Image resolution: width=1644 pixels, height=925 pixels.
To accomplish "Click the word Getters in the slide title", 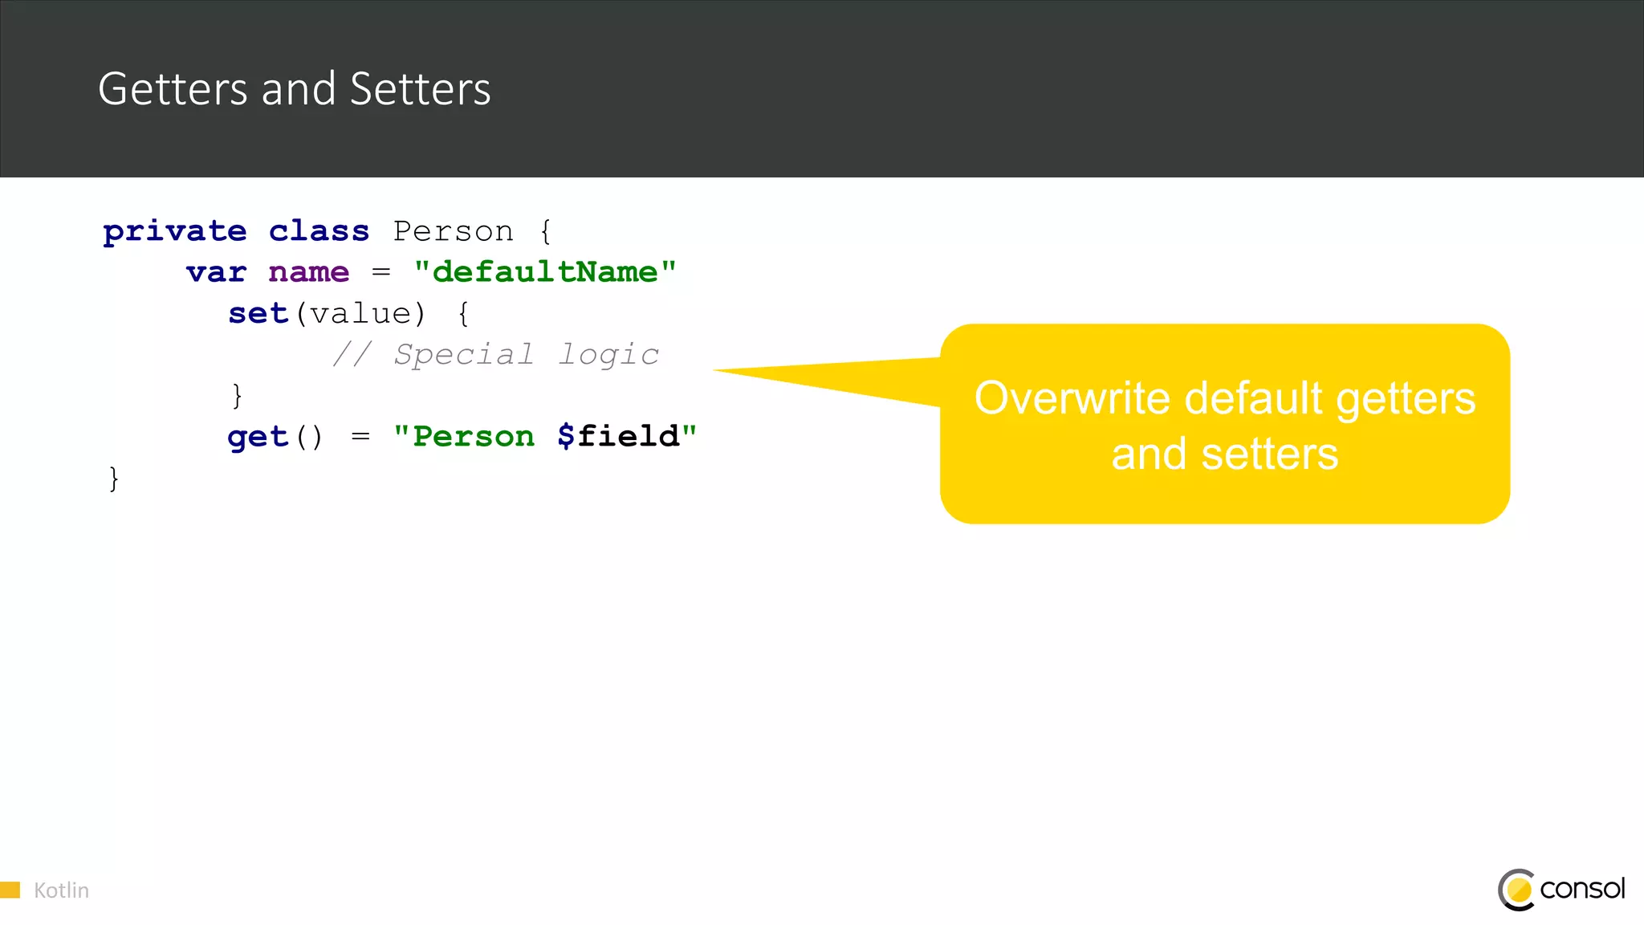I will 173,89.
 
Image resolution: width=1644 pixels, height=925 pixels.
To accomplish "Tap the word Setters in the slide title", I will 420,89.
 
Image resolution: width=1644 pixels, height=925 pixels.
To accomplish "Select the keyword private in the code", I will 175,232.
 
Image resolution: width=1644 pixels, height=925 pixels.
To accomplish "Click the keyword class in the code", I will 319,232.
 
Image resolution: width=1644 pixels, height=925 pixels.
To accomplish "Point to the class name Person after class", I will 453,232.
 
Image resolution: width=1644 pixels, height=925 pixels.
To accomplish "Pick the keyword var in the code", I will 216,273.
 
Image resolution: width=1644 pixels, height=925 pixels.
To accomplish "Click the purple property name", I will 309,273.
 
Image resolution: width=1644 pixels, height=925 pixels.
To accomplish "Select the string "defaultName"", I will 545,273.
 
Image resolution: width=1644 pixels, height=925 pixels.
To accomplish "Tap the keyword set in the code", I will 258,314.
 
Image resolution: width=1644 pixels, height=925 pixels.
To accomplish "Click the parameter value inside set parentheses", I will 360,314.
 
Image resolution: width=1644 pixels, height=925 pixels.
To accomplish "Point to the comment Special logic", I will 526,355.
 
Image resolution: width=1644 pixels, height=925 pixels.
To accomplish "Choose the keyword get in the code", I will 257,438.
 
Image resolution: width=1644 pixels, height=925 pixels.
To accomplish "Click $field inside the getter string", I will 618,437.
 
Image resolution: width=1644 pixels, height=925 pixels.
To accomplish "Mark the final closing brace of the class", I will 114,479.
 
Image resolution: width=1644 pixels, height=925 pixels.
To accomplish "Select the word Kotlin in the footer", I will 61,890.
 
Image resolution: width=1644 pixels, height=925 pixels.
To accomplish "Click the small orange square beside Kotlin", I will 10,890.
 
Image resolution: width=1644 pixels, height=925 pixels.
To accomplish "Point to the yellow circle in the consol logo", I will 1519,890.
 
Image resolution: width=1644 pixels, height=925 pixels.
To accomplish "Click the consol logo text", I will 1582,889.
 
